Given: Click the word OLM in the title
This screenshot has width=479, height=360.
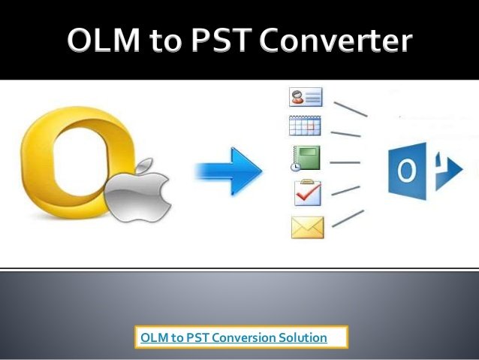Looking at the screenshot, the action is tap(104, 40).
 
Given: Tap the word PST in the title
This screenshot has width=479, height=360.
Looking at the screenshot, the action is tap(222, 40).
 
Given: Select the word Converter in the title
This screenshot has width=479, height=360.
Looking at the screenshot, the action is tap(336, 40).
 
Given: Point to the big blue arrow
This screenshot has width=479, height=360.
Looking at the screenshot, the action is tap(229, 171).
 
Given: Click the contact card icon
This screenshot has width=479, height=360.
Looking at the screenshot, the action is tap(306, 97).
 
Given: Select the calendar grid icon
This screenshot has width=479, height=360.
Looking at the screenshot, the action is tap(305, 126).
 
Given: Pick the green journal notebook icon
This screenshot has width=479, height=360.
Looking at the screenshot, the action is tap(305, 158).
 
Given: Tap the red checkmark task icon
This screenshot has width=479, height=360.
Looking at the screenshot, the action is tap(308, 192).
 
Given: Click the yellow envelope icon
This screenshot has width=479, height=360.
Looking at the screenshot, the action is tap(307, 227).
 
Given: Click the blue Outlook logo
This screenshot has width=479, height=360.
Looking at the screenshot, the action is tap(425, 171).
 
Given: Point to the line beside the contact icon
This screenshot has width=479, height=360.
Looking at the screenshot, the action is tap(351, 109).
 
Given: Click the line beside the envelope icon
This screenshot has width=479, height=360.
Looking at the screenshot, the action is tap(348, 219).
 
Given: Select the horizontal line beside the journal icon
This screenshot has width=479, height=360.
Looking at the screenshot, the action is tap(345, 162).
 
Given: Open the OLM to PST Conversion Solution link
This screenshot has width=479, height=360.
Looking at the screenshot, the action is tap(233, 337).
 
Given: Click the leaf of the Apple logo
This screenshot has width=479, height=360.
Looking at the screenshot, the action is tap(143, 166).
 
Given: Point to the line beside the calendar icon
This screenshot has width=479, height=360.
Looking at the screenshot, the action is tap(346, 134).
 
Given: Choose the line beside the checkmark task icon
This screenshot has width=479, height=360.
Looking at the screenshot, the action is tap(345, 191).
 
